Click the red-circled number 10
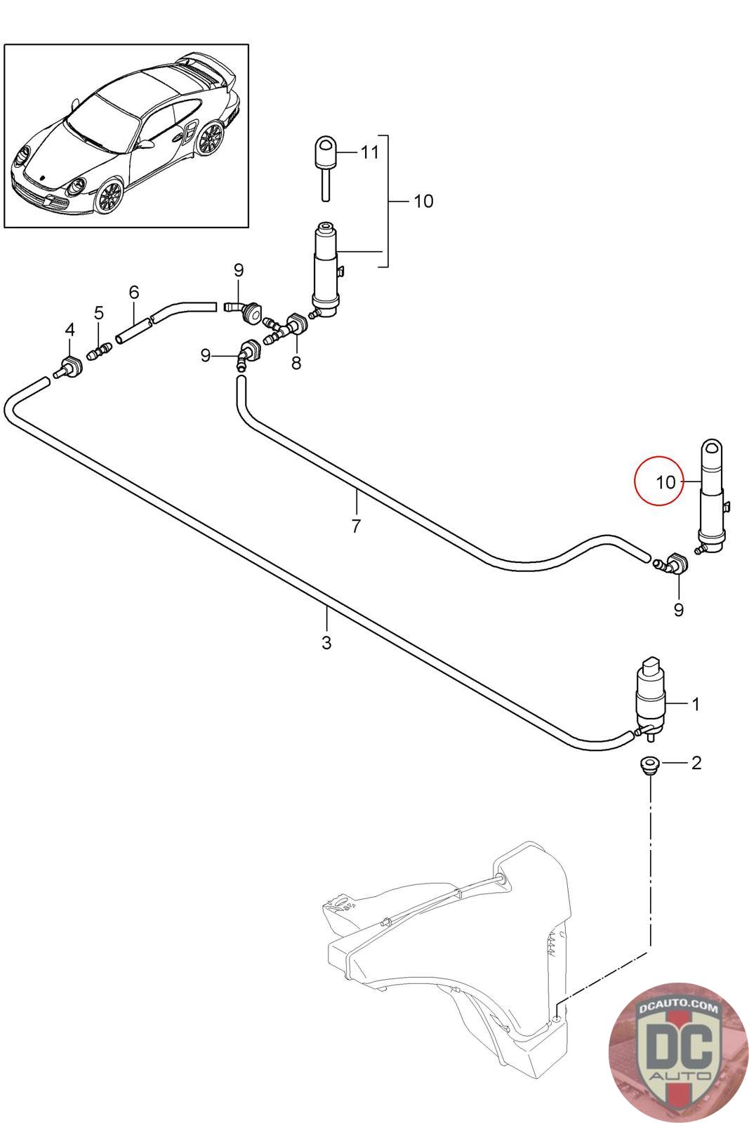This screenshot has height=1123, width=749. pyautogui.click(x=665, y=482)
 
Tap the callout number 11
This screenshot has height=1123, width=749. pyautogui.click(x=369, y=152)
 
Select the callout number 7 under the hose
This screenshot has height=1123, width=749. pyautogui.click(x=356, y=526)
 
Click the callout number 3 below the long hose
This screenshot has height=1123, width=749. pyautogui.click(x=326, y=642)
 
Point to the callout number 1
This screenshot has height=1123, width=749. pyautogui.click(x=695, y=704)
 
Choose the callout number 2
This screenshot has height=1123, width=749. pyautogui.click(x=696, y=763)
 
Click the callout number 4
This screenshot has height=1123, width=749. pyautogui.click(x=69, y=329)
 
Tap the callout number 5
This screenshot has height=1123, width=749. pyautogui.click(x=99, y=313)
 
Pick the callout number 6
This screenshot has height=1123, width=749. pyautogui.click(x=134, y=291)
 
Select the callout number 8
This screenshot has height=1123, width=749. pyautogui.click(x=296, y=363)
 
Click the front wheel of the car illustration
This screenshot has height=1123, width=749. pyautogui.click(x=110, y=196)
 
